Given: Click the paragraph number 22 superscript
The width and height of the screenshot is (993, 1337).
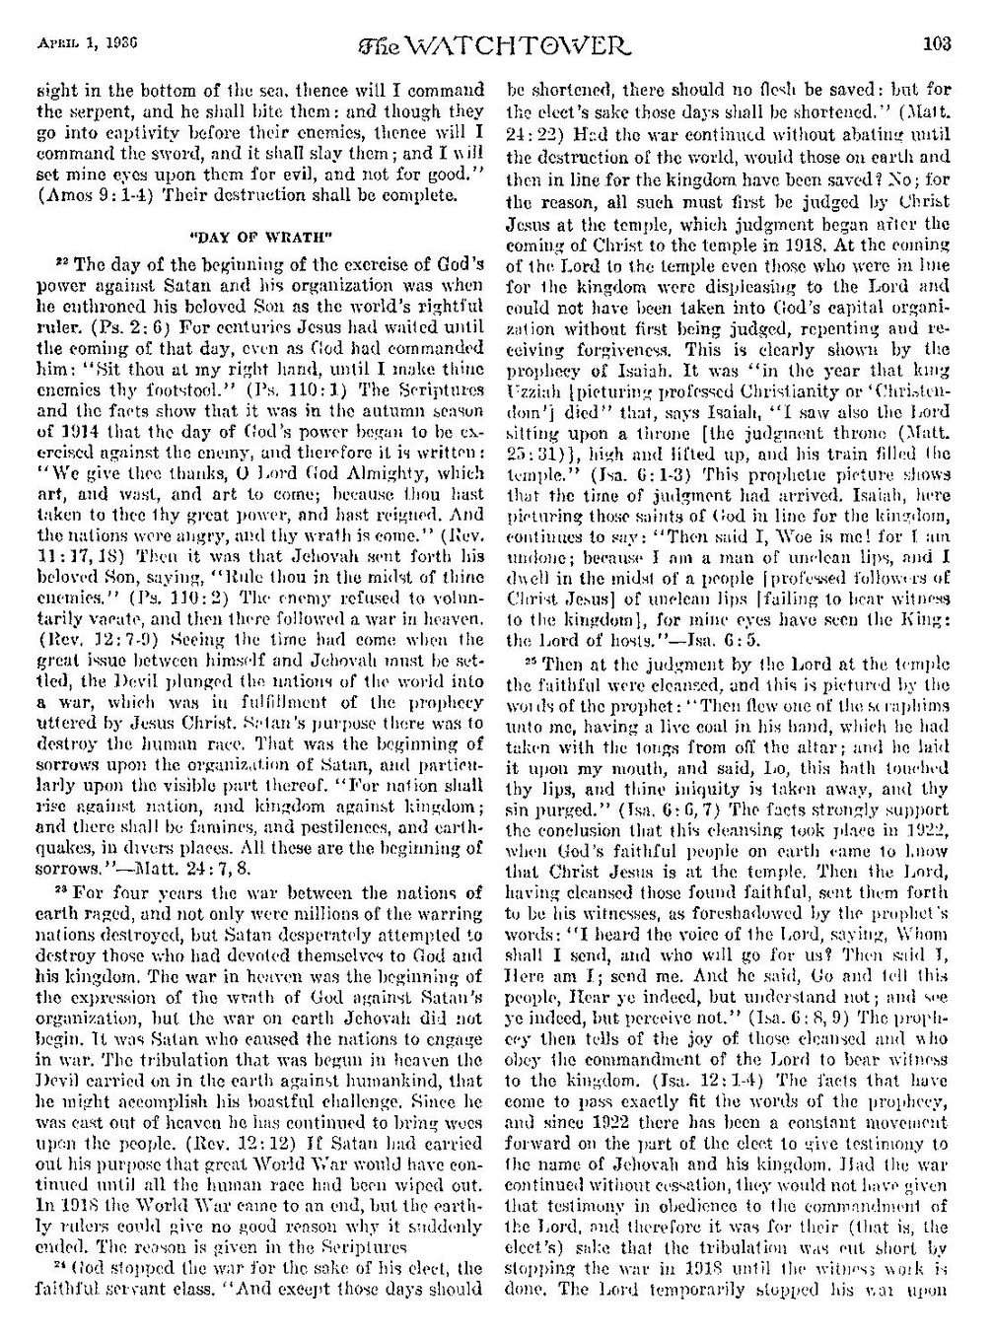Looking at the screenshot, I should click(x=57, y=257).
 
